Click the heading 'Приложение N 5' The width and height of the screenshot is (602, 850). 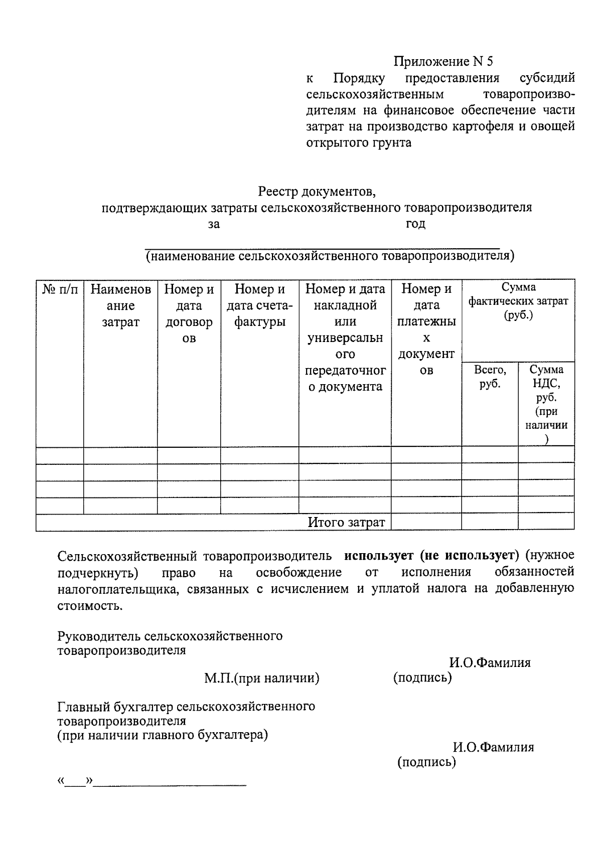click(443, 61)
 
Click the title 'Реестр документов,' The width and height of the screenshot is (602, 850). click(317, 192)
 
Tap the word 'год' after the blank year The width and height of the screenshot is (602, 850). click(415, 224)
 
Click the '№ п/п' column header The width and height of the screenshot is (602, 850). click(60, 290)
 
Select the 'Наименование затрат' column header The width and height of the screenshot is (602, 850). click(120, 305)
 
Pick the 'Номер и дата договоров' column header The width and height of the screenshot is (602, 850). click(189, 313)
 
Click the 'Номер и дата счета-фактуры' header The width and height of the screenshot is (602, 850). click(259, 305)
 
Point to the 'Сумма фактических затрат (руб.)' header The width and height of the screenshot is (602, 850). click(518, 301)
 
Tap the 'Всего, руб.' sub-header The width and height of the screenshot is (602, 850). click(490, 377)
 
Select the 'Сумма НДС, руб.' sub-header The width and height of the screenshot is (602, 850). click(546, 384)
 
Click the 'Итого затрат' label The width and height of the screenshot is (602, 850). click(346, 522)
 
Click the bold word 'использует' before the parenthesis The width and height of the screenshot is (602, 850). click(379, 556)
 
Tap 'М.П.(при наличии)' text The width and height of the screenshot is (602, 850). click(261, 678)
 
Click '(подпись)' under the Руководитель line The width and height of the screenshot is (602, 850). click(422, 677)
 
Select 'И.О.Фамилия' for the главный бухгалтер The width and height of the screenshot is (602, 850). click(493, 747)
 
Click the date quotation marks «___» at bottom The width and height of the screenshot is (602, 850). click(76, 782)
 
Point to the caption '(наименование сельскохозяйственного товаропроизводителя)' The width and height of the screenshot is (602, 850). click(330, 256)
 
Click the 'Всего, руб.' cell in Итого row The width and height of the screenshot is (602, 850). click(490, 522)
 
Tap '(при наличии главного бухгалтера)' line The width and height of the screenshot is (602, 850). click(163, 735)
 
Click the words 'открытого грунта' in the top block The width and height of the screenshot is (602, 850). click(359, 142)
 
